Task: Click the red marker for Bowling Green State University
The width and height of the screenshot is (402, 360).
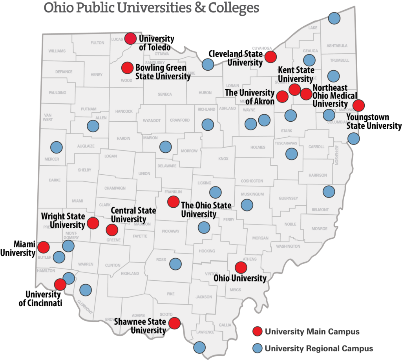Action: pos(128,68)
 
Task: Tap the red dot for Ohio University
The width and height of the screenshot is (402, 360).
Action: pos(241,268)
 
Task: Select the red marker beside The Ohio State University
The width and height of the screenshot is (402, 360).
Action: pos(173,202)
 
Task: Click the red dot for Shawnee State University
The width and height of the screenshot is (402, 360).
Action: pos(174,323)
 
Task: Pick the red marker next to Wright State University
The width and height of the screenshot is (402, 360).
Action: pos(93,223)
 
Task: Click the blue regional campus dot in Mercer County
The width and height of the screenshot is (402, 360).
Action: pos(57,147)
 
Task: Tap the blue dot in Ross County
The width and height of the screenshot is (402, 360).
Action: pos(175,263)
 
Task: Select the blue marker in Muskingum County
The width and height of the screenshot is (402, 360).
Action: pos(247,205)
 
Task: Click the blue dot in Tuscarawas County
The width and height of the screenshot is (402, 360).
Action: pos(291,154)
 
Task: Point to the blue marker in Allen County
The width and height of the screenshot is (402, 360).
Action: pos(93,126)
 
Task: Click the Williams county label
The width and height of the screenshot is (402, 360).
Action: pos(57,51)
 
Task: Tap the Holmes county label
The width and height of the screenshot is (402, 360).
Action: pos(258,148)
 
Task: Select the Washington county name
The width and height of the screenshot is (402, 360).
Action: pos(288,246)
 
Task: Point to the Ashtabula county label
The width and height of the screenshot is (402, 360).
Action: pos(337,46)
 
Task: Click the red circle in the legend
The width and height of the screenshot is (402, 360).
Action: pos(258,332)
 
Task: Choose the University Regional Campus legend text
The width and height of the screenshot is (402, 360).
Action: pos(319,348)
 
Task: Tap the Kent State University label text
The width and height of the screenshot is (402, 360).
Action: pos(296,74)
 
